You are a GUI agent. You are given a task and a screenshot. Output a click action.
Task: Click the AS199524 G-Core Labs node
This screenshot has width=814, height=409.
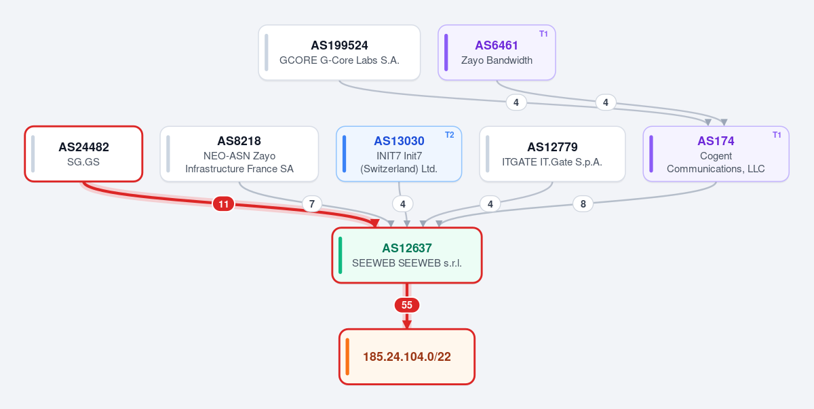[x=339, y=52]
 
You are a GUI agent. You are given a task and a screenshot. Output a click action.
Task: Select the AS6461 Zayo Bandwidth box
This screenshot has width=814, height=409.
[x=497, y=52]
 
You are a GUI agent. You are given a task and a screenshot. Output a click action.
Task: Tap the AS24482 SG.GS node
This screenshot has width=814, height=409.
[x=83, y=154]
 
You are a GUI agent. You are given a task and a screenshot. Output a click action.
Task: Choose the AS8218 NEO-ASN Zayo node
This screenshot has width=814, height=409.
[x=239, y=154]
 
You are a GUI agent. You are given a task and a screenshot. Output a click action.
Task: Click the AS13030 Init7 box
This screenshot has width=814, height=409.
[x=399, y=154]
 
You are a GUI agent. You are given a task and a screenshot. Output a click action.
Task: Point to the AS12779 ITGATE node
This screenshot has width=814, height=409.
[x=552, y=154]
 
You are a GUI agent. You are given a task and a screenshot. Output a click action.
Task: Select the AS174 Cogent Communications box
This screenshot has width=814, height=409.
[x=716, y=154]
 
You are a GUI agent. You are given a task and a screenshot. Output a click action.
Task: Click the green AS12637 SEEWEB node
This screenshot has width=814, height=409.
[x=406, y=255]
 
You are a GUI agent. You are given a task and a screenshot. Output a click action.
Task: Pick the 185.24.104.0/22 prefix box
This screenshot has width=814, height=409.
[x=406, y=356]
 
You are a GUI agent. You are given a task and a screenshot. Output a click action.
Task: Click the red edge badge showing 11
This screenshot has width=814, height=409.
[x=223, y=203]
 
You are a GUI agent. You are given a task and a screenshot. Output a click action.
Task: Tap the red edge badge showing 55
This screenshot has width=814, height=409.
[x=406, y=305]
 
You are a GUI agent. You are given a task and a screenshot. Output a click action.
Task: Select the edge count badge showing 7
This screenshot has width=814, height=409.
[x=312, y=203]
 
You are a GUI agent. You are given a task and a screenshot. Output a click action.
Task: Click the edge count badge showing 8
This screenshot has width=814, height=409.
[x=583, y=203]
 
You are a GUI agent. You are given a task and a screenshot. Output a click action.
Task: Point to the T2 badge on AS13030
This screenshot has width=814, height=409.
[x=450, y=135]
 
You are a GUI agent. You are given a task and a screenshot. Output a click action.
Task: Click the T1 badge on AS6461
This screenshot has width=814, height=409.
[x=543, y=34]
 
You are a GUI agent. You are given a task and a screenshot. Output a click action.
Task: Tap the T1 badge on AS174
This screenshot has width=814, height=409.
[x=777, y=135]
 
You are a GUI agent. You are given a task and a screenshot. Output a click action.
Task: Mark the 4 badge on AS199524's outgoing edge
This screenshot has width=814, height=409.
[x=516, y=102]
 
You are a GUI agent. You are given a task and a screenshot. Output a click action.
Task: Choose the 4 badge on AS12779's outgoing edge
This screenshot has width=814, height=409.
[x=490, y=203]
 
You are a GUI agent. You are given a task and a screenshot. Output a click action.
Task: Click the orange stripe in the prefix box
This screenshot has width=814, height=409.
[x=347, y=356]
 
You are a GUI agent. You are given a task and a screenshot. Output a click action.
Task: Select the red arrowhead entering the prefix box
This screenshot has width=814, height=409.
[x=406, y=324]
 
